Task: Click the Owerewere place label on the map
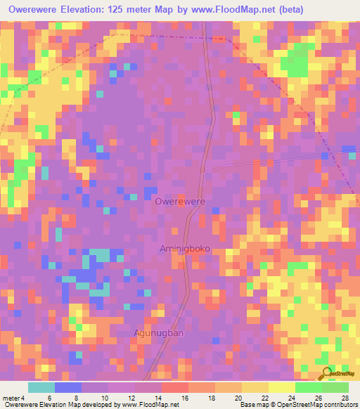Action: coord(180,202)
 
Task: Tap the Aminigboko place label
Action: coord(186,249)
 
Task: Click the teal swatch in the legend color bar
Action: coord(41,387)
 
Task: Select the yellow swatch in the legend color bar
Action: coord(254,387)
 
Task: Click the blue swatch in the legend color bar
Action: coord(68,387)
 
